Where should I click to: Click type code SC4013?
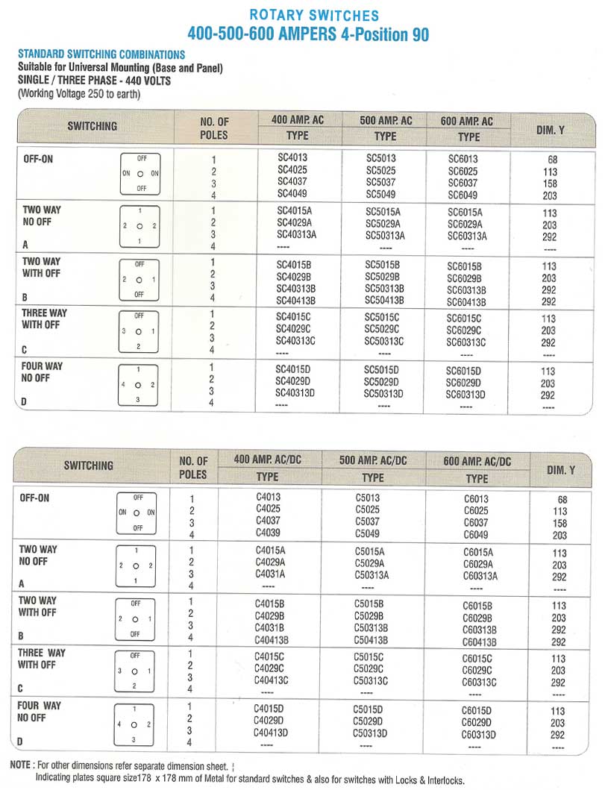click(292, 158)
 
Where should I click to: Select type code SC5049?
click(380, 195)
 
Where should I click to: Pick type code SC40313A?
click(296, 235)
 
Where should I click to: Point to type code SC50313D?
click(383, 394)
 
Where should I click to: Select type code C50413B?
click(371, 640)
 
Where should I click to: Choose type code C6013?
click(476, 499)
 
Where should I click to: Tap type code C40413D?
click(271, 733)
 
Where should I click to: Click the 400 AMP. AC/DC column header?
click(268, 459)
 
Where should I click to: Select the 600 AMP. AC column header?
click(467, 121)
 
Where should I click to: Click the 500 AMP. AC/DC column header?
click(373, 460)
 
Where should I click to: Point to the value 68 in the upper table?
click(551, 159)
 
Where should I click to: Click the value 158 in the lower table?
click(559, 524)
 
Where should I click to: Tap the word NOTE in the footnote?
click(20, 765)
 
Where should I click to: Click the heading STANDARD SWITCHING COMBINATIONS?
click(101, 54)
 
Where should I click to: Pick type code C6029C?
click(477, 671)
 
